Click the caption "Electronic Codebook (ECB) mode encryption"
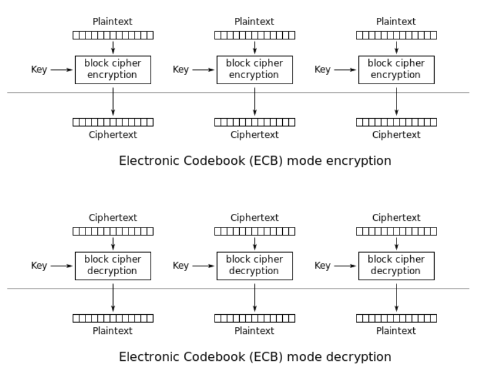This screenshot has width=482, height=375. tap(255, 161)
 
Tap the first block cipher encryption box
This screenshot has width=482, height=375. tap(113, 69)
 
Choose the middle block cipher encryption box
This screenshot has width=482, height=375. tap(255, 69)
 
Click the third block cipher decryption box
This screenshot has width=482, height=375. tap(397, 265)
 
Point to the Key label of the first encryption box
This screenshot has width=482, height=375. tap(39, 69)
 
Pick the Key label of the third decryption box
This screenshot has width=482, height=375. tap(323, 266)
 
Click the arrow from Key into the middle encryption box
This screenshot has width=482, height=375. tap(203, 69)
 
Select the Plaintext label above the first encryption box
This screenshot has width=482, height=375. tap(113, 22)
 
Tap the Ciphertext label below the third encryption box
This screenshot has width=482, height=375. tap(397, 135)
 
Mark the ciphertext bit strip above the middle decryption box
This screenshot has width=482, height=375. tap(255, 231)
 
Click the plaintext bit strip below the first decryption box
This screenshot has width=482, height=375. tap(113, 318)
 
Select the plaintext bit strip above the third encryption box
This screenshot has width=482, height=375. tap(397, 35)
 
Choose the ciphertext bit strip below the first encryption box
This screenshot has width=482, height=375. tap(113, 122)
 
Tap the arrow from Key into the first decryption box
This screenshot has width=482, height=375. tap(61, 266)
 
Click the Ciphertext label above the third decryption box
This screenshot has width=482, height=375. tap(397, 218)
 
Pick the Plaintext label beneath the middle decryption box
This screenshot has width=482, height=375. tap(255, 331)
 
